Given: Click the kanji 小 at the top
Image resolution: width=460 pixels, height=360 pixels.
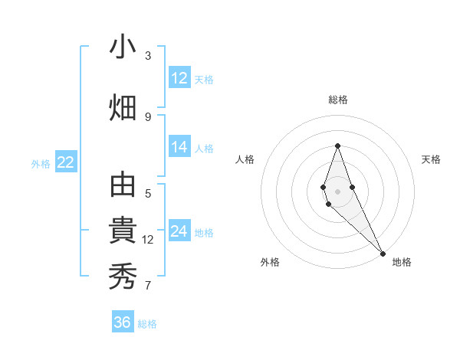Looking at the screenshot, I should (x=123, y=47).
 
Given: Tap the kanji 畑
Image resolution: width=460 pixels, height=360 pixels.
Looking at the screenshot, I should (x=123, y=108).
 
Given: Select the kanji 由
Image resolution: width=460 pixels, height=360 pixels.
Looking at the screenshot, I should (x=123, y=186).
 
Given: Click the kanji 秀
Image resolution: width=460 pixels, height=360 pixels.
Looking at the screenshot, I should (x=123, y=277).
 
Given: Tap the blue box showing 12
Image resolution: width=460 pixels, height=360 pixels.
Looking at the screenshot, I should (x=179, y=78).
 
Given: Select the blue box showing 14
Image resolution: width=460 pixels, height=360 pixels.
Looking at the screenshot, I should (x=179, y=147).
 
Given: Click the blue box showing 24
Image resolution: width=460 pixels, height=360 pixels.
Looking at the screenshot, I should (x=179, y=231).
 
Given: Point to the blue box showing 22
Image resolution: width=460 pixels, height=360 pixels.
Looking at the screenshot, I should (x=65, y=162).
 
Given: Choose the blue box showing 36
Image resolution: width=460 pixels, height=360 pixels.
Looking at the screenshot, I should (x=123, y=322).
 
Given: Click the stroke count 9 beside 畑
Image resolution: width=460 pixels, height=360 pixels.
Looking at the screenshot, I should (x=148, y=116).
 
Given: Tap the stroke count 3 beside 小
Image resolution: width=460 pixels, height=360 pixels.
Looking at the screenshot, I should (x=148, y=55).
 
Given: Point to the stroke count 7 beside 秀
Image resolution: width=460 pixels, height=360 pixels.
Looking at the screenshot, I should (x=148, y=286).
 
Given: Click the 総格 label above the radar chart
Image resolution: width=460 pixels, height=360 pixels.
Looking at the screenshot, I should (x=338, y=100).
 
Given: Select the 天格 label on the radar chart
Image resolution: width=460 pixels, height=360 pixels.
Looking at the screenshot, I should (x=431, y=159).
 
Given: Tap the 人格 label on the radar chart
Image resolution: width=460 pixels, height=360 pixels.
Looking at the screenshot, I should (x=245, y=159).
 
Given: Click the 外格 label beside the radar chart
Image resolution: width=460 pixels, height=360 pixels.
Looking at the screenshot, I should (x=270, y=262).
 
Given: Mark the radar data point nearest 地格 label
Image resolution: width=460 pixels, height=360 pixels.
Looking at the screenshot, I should (x=383, y=252).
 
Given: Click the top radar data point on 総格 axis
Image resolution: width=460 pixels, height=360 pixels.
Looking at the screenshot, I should (x=337, y=146).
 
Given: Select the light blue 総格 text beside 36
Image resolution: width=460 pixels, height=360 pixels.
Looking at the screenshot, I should (x=147, y=324).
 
